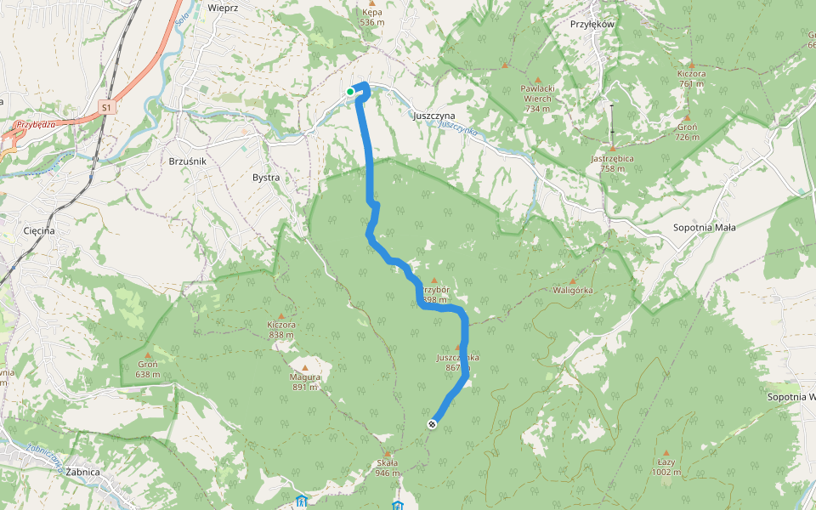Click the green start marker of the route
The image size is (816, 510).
(x=350, y=92)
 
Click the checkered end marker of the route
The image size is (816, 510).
(x=433, y=424)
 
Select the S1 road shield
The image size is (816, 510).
(x=105, y=108)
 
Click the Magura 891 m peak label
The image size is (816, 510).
(x=305, y=382)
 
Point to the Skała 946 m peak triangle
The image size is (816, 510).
(x=389, y=453)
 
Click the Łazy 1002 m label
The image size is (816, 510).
(x=665, y=467)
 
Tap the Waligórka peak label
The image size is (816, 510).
(x=572, y=291)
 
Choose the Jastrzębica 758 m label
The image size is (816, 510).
(x=612, y=162)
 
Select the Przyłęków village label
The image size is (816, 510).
(x=592, y=24)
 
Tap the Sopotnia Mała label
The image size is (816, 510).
(x=704, y=228)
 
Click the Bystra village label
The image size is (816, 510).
(x=266, y=178)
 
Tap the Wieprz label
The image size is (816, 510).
(x=222, y=7)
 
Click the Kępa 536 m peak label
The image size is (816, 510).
(x=371, y=17)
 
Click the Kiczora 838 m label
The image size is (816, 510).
(x=281, y=330)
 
